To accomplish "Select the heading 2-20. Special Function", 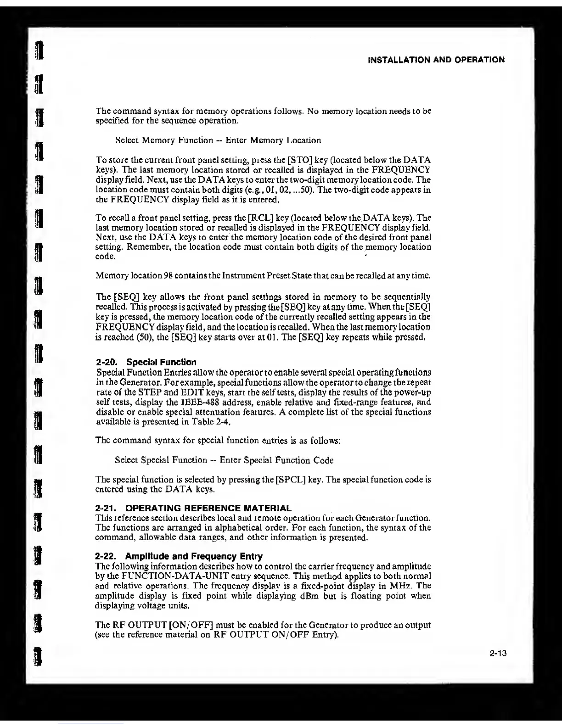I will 146,362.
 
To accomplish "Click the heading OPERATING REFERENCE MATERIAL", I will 208,508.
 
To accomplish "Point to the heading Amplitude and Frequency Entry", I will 193,556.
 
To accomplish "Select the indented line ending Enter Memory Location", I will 218,140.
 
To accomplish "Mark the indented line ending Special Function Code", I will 224,460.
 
